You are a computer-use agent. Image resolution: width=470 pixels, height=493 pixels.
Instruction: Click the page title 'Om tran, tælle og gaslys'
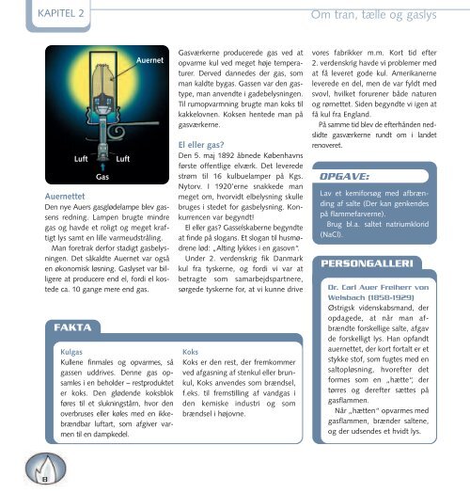pos(384,14)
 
